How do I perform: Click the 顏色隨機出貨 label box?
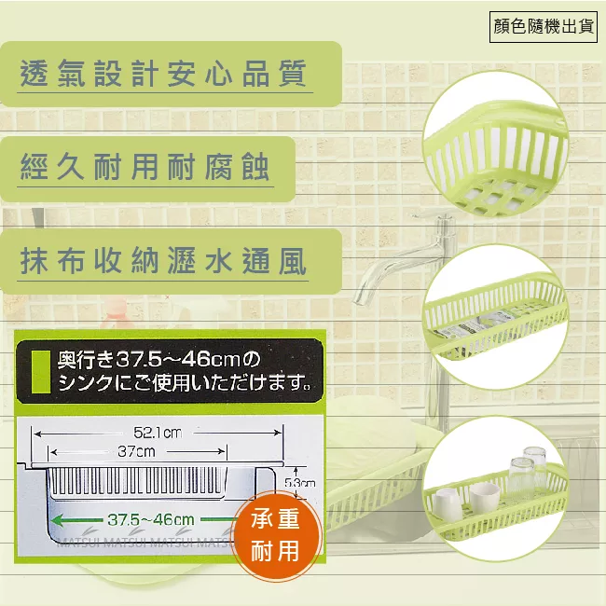(544, 26)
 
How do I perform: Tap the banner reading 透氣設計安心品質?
(163, 74)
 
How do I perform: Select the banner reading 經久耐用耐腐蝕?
(145, 168)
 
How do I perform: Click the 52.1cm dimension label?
(157, 432)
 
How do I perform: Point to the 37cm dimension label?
(137, 451)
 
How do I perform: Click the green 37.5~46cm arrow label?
(149, 519)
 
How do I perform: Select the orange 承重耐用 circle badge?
(276, 536)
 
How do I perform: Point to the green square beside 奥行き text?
(41, 371)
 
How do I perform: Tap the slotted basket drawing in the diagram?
(137, 481)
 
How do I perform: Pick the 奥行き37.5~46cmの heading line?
(160, 359)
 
